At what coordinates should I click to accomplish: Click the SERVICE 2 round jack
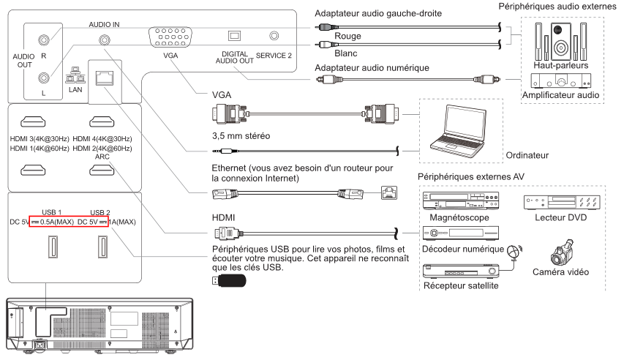(x=275, y=35)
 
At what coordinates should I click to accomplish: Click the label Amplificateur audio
(x=560, y=95)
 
